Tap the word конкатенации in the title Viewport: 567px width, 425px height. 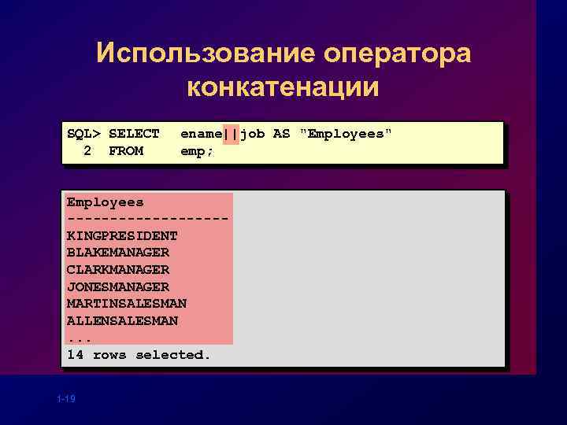(x=283, y=87)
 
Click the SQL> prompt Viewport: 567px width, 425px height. (x=83, y=134)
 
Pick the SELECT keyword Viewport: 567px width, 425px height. (x=134, y=134)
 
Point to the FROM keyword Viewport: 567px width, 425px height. (x=126, y=151)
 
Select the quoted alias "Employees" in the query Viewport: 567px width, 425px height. (x=345, y=134)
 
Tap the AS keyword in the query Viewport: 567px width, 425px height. (x=281, y=134)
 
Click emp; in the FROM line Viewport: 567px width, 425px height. (x=198, y=151)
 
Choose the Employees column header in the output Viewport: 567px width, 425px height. (x=105, y=202)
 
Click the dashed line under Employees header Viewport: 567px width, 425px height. (x=148, y=219)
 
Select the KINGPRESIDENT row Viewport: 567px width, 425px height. (x=122, y=235)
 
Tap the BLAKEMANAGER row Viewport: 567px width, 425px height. (x=118, y=253)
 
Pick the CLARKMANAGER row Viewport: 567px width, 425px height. (x=118, y=270)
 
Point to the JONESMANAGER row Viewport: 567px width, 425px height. (x=118, y=286)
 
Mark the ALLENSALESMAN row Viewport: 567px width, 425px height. (x=122, y=320)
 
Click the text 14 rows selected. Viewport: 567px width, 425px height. (x=139, y=355)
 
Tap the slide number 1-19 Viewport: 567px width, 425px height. (x=66, y=400)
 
